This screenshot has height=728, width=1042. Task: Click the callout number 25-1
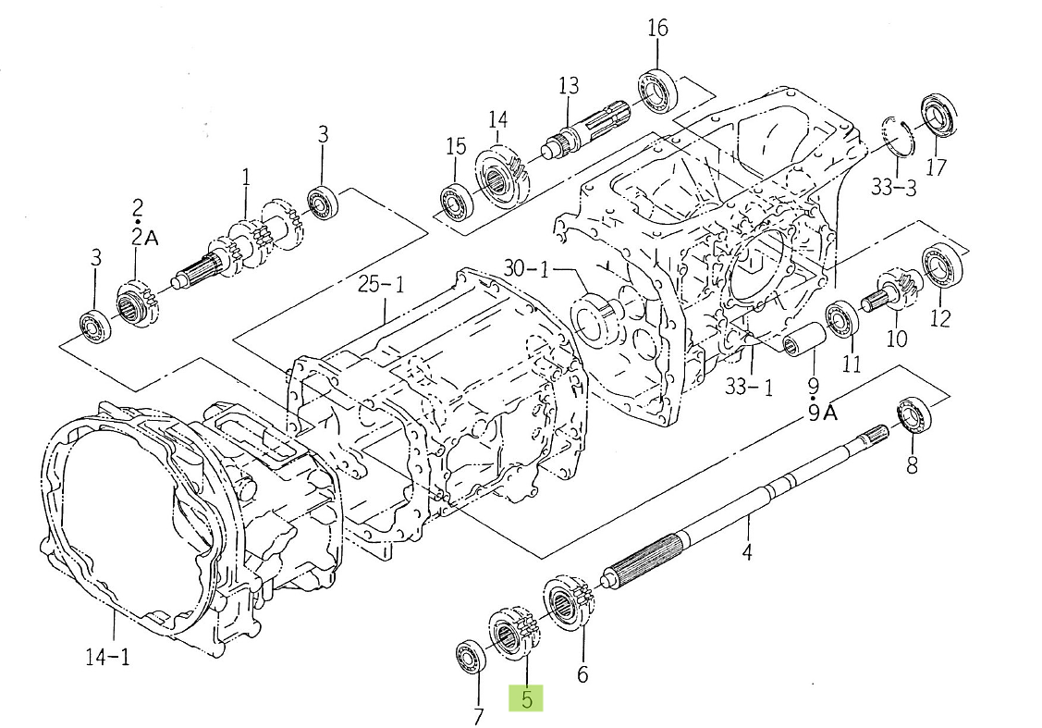tap(381, 285)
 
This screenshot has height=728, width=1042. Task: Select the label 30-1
tap(526, 269)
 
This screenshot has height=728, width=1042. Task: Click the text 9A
tap(822, 413)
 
